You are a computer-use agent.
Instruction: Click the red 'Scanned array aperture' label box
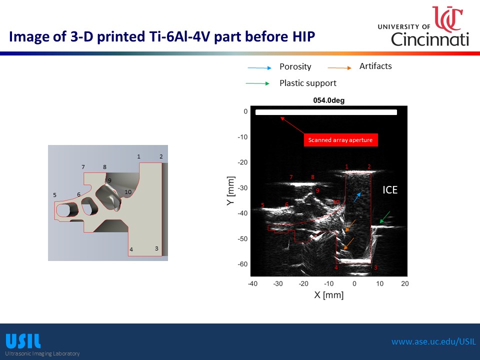point(340,140)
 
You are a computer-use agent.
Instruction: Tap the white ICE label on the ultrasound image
point(390,190)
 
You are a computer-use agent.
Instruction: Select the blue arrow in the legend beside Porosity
point(259,67)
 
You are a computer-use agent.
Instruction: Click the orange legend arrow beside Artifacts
point(339,67)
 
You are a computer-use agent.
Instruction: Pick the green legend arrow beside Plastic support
point(257,83)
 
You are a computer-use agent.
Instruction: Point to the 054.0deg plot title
point(329,100)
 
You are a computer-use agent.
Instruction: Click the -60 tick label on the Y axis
point(243,264)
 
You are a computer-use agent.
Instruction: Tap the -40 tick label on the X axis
point(252,283)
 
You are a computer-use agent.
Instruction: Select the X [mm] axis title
point(329,295)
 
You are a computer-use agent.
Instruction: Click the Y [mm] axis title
point(231,190)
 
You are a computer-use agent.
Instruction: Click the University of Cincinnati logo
point(423,26)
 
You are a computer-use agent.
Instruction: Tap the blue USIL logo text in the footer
point(23,341)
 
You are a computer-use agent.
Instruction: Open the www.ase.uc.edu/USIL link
point(434,341)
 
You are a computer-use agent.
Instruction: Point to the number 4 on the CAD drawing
point(131,249)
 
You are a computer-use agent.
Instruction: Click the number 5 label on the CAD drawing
point(54,195)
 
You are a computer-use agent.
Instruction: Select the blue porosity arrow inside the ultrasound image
point(357,197)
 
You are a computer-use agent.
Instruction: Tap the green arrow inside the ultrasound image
point(385,217)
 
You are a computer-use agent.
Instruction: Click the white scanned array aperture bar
point(326,112)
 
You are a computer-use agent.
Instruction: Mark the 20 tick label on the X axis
point(404,283)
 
